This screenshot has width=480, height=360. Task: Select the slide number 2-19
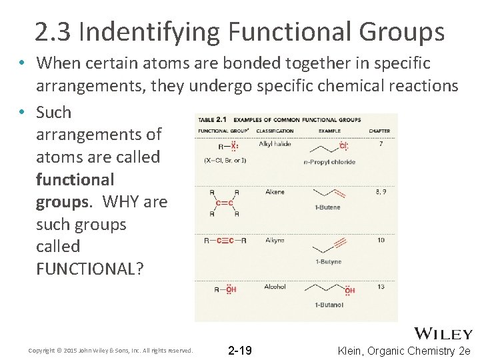240,350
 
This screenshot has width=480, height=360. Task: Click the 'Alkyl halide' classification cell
275,144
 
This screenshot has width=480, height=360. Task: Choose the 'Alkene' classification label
275,192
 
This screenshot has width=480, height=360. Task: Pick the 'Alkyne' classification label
275,240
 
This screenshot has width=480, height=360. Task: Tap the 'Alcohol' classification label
275,287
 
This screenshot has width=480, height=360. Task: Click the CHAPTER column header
379,131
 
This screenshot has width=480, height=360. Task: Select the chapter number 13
380,287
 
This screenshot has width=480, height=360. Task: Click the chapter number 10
381,240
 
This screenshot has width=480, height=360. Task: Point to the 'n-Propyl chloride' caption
329,162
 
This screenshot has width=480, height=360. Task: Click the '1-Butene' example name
327,207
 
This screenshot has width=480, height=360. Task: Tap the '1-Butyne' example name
327,262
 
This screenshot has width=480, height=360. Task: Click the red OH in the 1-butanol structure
349,290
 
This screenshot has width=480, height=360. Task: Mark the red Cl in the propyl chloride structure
343,147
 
